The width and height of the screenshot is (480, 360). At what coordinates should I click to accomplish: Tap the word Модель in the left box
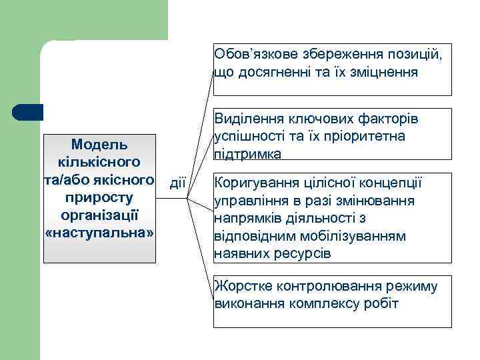99,144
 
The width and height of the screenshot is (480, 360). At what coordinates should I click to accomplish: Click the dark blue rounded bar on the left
28,112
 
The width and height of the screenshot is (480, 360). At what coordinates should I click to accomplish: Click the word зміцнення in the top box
385,71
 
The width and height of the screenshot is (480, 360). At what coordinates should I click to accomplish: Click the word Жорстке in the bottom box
237,287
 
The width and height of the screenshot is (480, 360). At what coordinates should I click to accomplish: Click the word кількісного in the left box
99,162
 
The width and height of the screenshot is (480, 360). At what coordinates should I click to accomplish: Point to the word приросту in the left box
99,198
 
